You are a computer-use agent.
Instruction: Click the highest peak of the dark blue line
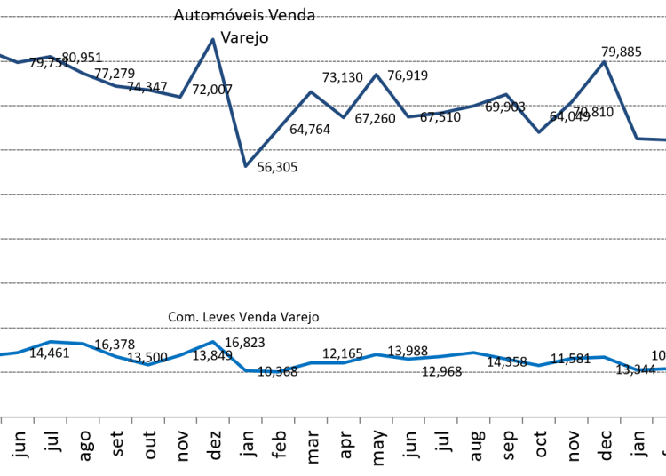coord(212,39)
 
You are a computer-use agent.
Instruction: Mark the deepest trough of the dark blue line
coord(245,166)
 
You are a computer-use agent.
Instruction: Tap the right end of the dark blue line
coord(664,139)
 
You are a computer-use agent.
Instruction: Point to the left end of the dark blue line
coord(1,55)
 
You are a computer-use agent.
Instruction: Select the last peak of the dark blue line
coord(604,61)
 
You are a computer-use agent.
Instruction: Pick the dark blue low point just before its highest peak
coord(180,97)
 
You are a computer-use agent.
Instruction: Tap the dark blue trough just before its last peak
coord(538,132)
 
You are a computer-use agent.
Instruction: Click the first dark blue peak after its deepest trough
coord(311,91)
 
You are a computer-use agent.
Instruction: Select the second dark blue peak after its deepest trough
coord(376,75)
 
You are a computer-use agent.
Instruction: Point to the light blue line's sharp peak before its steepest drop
coord(212,342)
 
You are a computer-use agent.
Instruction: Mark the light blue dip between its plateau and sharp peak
coord(147,364)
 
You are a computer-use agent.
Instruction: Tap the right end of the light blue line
coord(664,369)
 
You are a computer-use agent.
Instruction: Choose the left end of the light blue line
coord(1,354)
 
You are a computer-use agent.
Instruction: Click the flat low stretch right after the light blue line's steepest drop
coord(262,370)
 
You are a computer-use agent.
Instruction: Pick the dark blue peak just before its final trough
coord(506,94)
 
